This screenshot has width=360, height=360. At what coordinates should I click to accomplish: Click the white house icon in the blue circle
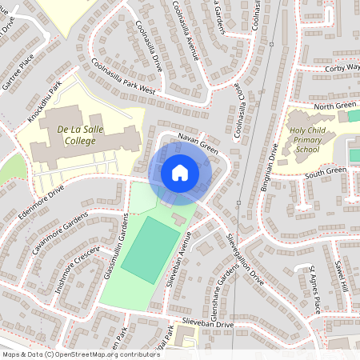coord(180,172)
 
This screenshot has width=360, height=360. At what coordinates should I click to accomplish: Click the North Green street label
coord(334,106)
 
